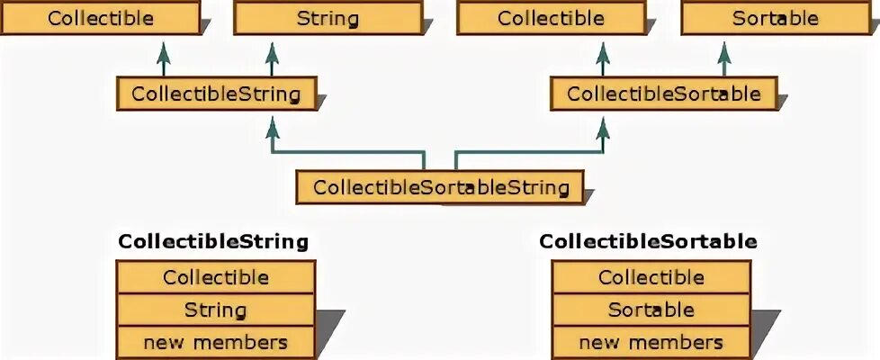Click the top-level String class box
[x=327, y=18]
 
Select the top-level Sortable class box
[x=775, y=18]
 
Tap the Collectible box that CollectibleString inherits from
[x=101, y=18]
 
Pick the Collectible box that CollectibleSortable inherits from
[x=551, y=18]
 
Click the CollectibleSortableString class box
[x=441, y=187]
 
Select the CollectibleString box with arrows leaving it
[x=216, y=94]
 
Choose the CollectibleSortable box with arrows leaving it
[x=664, y=94]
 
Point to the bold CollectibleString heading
[x=213, y=241]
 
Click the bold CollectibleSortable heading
[x=648, y=241]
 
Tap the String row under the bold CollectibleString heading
[x=216, y=310]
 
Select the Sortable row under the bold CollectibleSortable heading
[x=651, y=310]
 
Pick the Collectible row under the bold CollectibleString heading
[x=216, y=277]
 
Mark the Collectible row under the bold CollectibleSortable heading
[x=651, y=277]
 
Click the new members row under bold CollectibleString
[x=216, y=342]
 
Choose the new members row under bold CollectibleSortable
[x=651, y=342]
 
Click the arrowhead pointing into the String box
[x=272, y=44]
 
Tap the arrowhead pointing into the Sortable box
[x=724, y=44]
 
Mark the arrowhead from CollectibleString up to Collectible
[x=164, y=44]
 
